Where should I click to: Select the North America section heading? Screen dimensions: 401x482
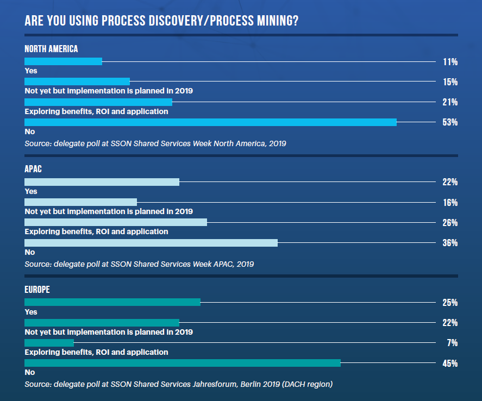[x=51, y=49]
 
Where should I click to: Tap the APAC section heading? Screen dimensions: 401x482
[x=33, y=169]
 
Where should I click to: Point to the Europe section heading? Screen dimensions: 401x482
[x=37, y=290]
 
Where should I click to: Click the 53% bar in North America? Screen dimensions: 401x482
[x=210, y=122]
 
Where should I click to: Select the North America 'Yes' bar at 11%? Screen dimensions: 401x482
[x=63, y=61]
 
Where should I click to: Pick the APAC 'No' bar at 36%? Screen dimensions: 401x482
[x=151, y=243]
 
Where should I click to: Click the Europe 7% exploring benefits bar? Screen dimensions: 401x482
[x=49, y=343]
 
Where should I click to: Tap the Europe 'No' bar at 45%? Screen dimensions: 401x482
[x=183, y=363]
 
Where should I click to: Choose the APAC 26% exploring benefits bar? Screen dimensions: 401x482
[x=116, y=222]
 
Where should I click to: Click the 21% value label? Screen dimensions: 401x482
[x=450, y=102]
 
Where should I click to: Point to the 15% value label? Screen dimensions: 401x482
[x=450, y=82]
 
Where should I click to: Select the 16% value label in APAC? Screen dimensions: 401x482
[x=450, y=203]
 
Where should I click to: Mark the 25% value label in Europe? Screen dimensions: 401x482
[x=450, y=303]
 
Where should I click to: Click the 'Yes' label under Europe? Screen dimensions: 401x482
[x=30, y=312]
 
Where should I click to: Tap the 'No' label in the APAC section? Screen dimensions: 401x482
[x=30, y=252]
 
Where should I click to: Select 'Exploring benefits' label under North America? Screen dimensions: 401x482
[x=96, y=111]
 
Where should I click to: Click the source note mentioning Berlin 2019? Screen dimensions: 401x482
[x=178, y=384]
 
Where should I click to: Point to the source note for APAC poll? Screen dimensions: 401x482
[x=139, y=264]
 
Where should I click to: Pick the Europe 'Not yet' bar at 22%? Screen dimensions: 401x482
[x=102, y=323]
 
